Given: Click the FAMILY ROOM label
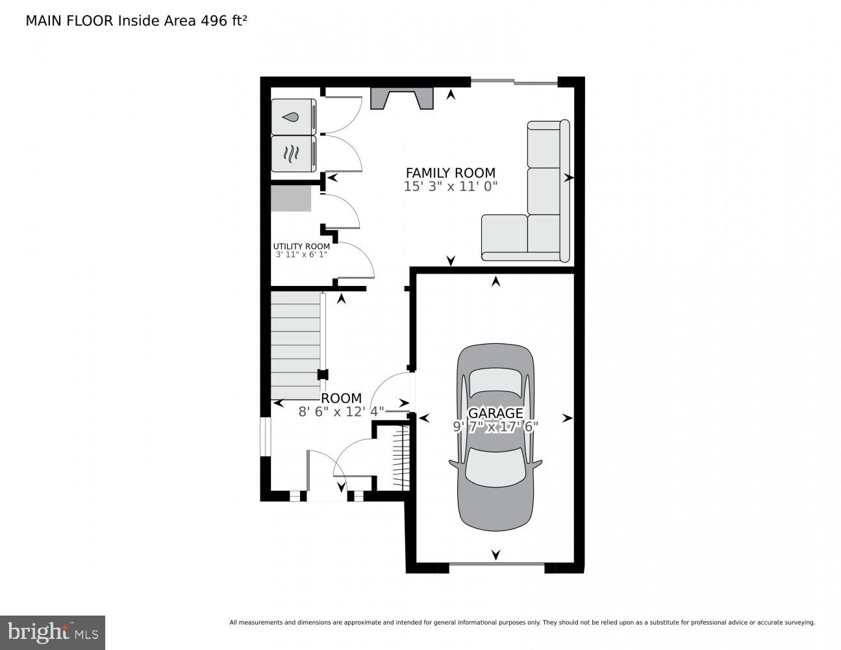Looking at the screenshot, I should pos(450,173).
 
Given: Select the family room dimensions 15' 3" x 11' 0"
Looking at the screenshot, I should pos(450,187).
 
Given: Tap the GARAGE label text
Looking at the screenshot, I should pos(496,413).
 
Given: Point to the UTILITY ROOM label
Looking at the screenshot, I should pos(301,246).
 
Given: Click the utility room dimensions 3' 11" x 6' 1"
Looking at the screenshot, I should pos(301,255).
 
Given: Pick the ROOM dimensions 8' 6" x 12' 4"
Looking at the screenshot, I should pos(341,411).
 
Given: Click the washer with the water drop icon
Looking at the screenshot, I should pos(293,117).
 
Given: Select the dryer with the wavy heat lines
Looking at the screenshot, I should pos(293,154).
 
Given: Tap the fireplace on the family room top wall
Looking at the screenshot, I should pos(401,98).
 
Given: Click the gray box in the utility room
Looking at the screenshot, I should pos(291,198).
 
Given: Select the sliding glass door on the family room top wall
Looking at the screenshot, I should pos(514,82).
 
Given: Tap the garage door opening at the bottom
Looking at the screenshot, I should pos(496,564).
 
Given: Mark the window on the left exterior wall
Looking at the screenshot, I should pos(264,436).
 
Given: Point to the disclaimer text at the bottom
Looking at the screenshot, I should pos(521,623).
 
